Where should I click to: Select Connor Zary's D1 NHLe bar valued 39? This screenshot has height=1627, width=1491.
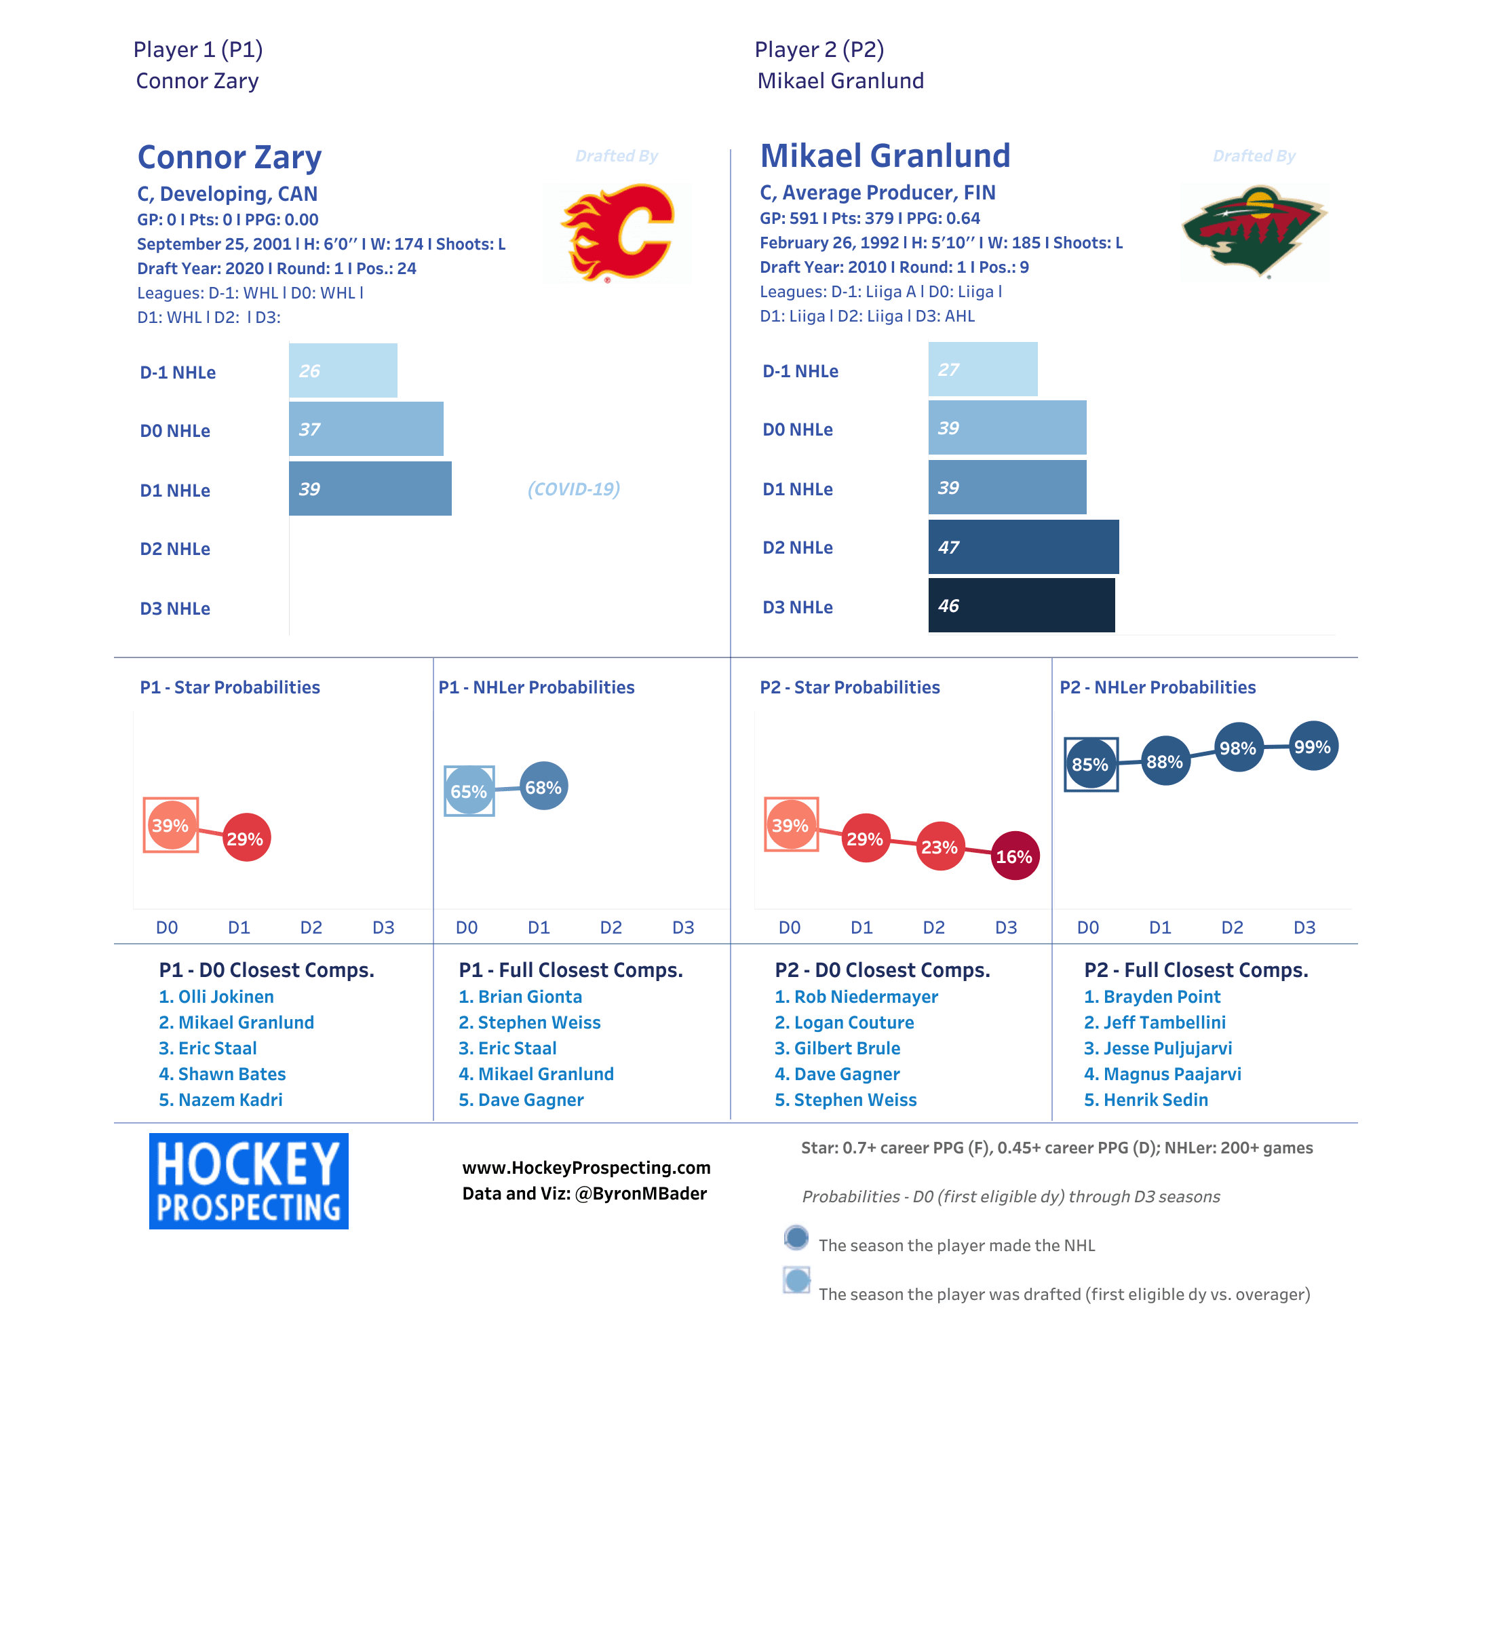[370, 489]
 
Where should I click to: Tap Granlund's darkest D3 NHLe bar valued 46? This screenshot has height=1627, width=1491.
[1021, 605]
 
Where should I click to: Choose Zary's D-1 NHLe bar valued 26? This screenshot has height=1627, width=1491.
[343, 370]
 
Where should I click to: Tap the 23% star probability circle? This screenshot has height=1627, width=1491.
[940, 847]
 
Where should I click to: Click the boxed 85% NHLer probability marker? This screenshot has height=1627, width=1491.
[1090, 764]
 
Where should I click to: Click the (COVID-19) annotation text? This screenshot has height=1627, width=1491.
[574, 489]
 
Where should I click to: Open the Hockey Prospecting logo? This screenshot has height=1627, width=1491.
[248, 1181]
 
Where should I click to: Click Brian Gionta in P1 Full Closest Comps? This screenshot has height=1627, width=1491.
[520, 997]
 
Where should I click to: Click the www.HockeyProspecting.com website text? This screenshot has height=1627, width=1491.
[586, 1168]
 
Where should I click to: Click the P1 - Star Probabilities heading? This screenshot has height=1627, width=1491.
[230, 687]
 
